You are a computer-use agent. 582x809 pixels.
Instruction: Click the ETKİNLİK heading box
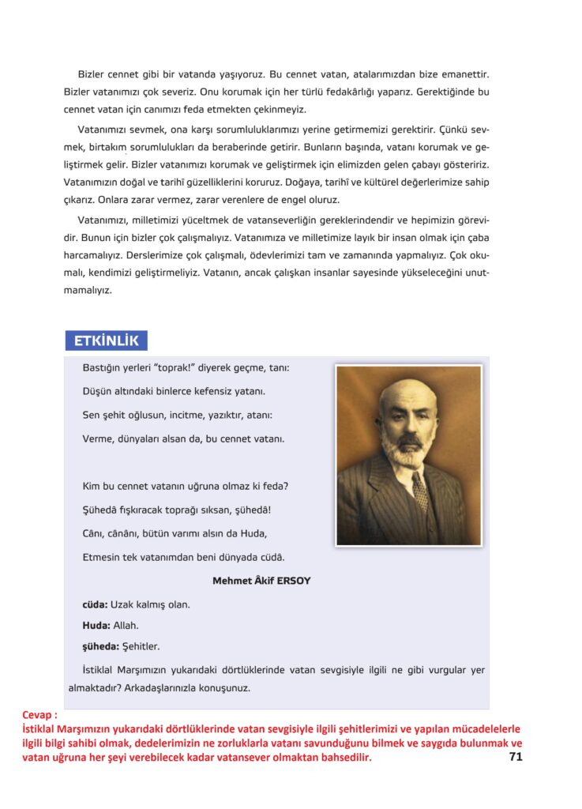tap(106, 341)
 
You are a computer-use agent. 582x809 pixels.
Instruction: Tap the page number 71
tap(516, 757)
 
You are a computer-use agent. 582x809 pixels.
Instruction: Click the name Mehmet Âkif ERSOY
tap(261, 581)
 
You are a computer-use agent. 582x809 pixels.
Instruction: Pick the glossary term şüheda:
tap(101, 646)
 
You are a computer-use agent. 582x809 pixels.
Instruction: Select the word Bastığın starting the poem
tap(103, 368)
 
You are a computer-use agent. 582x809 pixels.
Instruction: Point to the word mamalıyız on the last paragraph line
tap(88, 290)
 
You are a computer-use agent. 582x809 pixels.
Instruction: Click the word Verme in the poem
tap(97, 438)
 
